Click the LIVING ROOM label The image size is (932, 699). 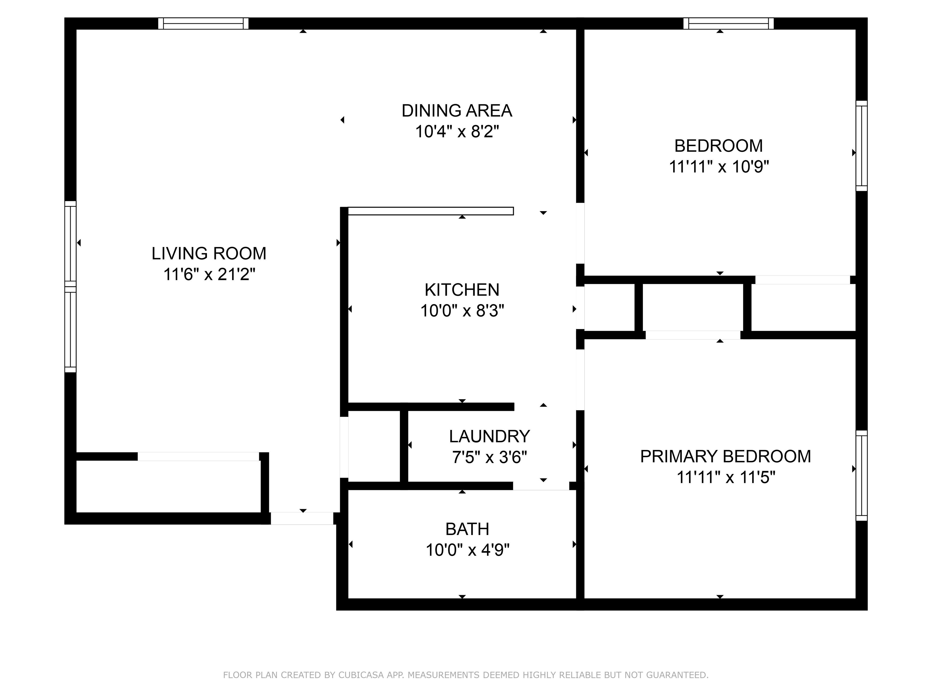(209, 253)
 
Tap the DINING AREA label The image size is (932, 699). (457, 111)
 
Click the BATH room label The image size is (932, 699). (467, 529)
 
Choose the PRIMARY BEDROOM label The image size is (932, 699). (725, 456)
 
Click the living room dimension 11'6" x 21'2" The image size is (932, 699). (209, 275)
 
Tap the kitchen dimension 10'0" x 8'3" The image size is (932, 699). (462, 311)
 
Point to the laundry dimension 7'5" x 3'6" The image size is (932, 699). (490, 457)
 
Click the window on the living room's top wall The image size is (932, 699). (203, 24)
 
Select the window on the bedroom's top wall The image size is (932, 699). (728, 24)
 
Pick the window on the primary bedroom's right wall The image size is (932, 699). (862, 476)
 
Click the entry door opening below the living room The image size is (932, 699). (302, 518)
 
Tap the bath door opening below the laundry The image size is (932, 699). (541, 486)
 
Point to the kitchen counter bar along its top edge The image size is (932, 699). (431, 211)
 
